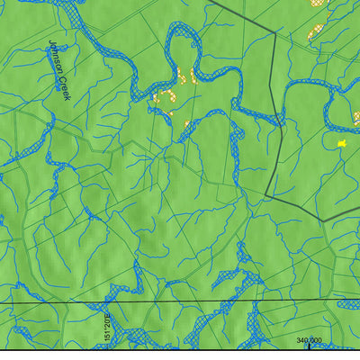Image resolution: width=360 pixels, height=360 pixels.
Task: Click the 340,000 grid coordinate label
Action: point(309,339)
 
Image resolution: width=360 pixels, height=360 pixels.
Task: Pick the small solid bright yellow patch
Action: point(342,142)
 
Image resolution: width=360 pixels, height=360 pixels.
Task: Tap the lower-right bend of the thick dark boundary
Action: point(324,220)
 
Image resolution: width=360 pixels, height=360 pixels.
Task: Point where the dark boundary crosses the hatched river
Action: point(283,112)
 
